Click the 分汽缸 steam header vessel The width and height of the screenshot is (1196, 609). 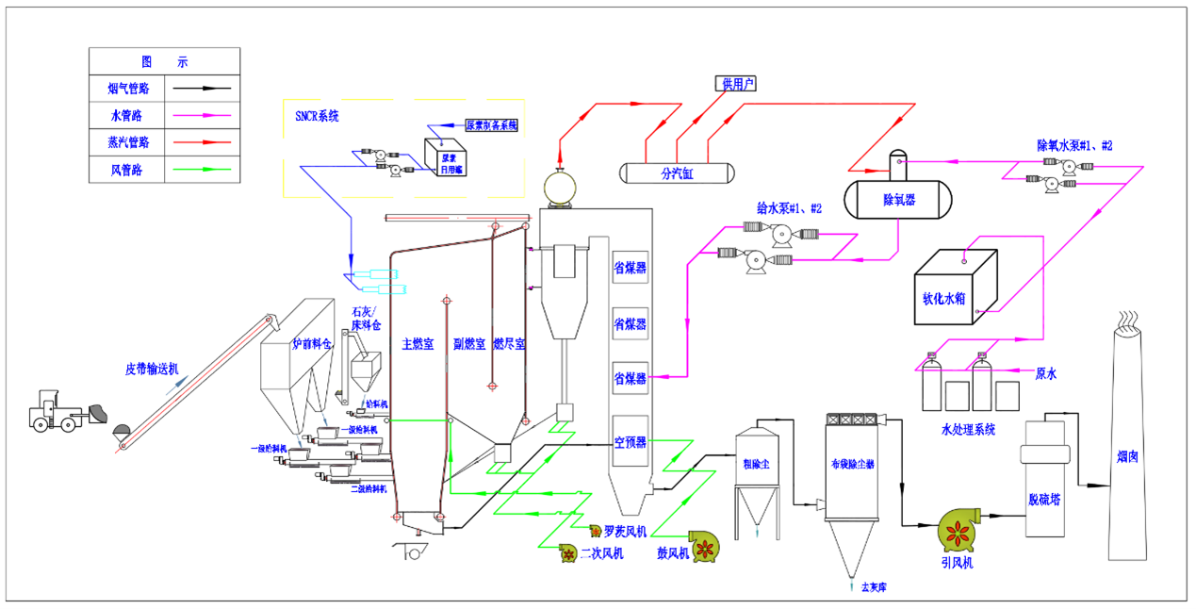[x=676, y=173]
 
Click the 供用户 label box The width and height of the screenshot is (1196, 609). [x=737, y=84]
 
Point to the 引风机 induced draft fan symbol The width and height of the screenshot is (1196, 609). [x=960, y=532]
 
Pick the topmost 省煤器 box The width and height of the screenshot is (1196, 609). [x=630, y=268]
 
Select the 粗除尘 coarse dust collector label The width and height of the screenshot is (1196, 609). [x=756, y=463]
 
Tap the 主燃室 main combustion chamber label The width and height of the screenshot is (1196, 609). [x=418, y=344]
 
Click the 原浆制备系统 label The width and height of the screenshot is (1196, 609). [x=491, y=125]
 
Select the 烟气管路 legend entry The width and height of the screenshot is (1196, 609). [x=127, y=89]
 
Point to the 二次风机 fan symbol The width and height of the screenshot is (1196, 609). [x=568, y=554]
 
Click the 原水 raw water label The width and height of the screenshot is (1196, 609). [x=1046, y=373]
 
